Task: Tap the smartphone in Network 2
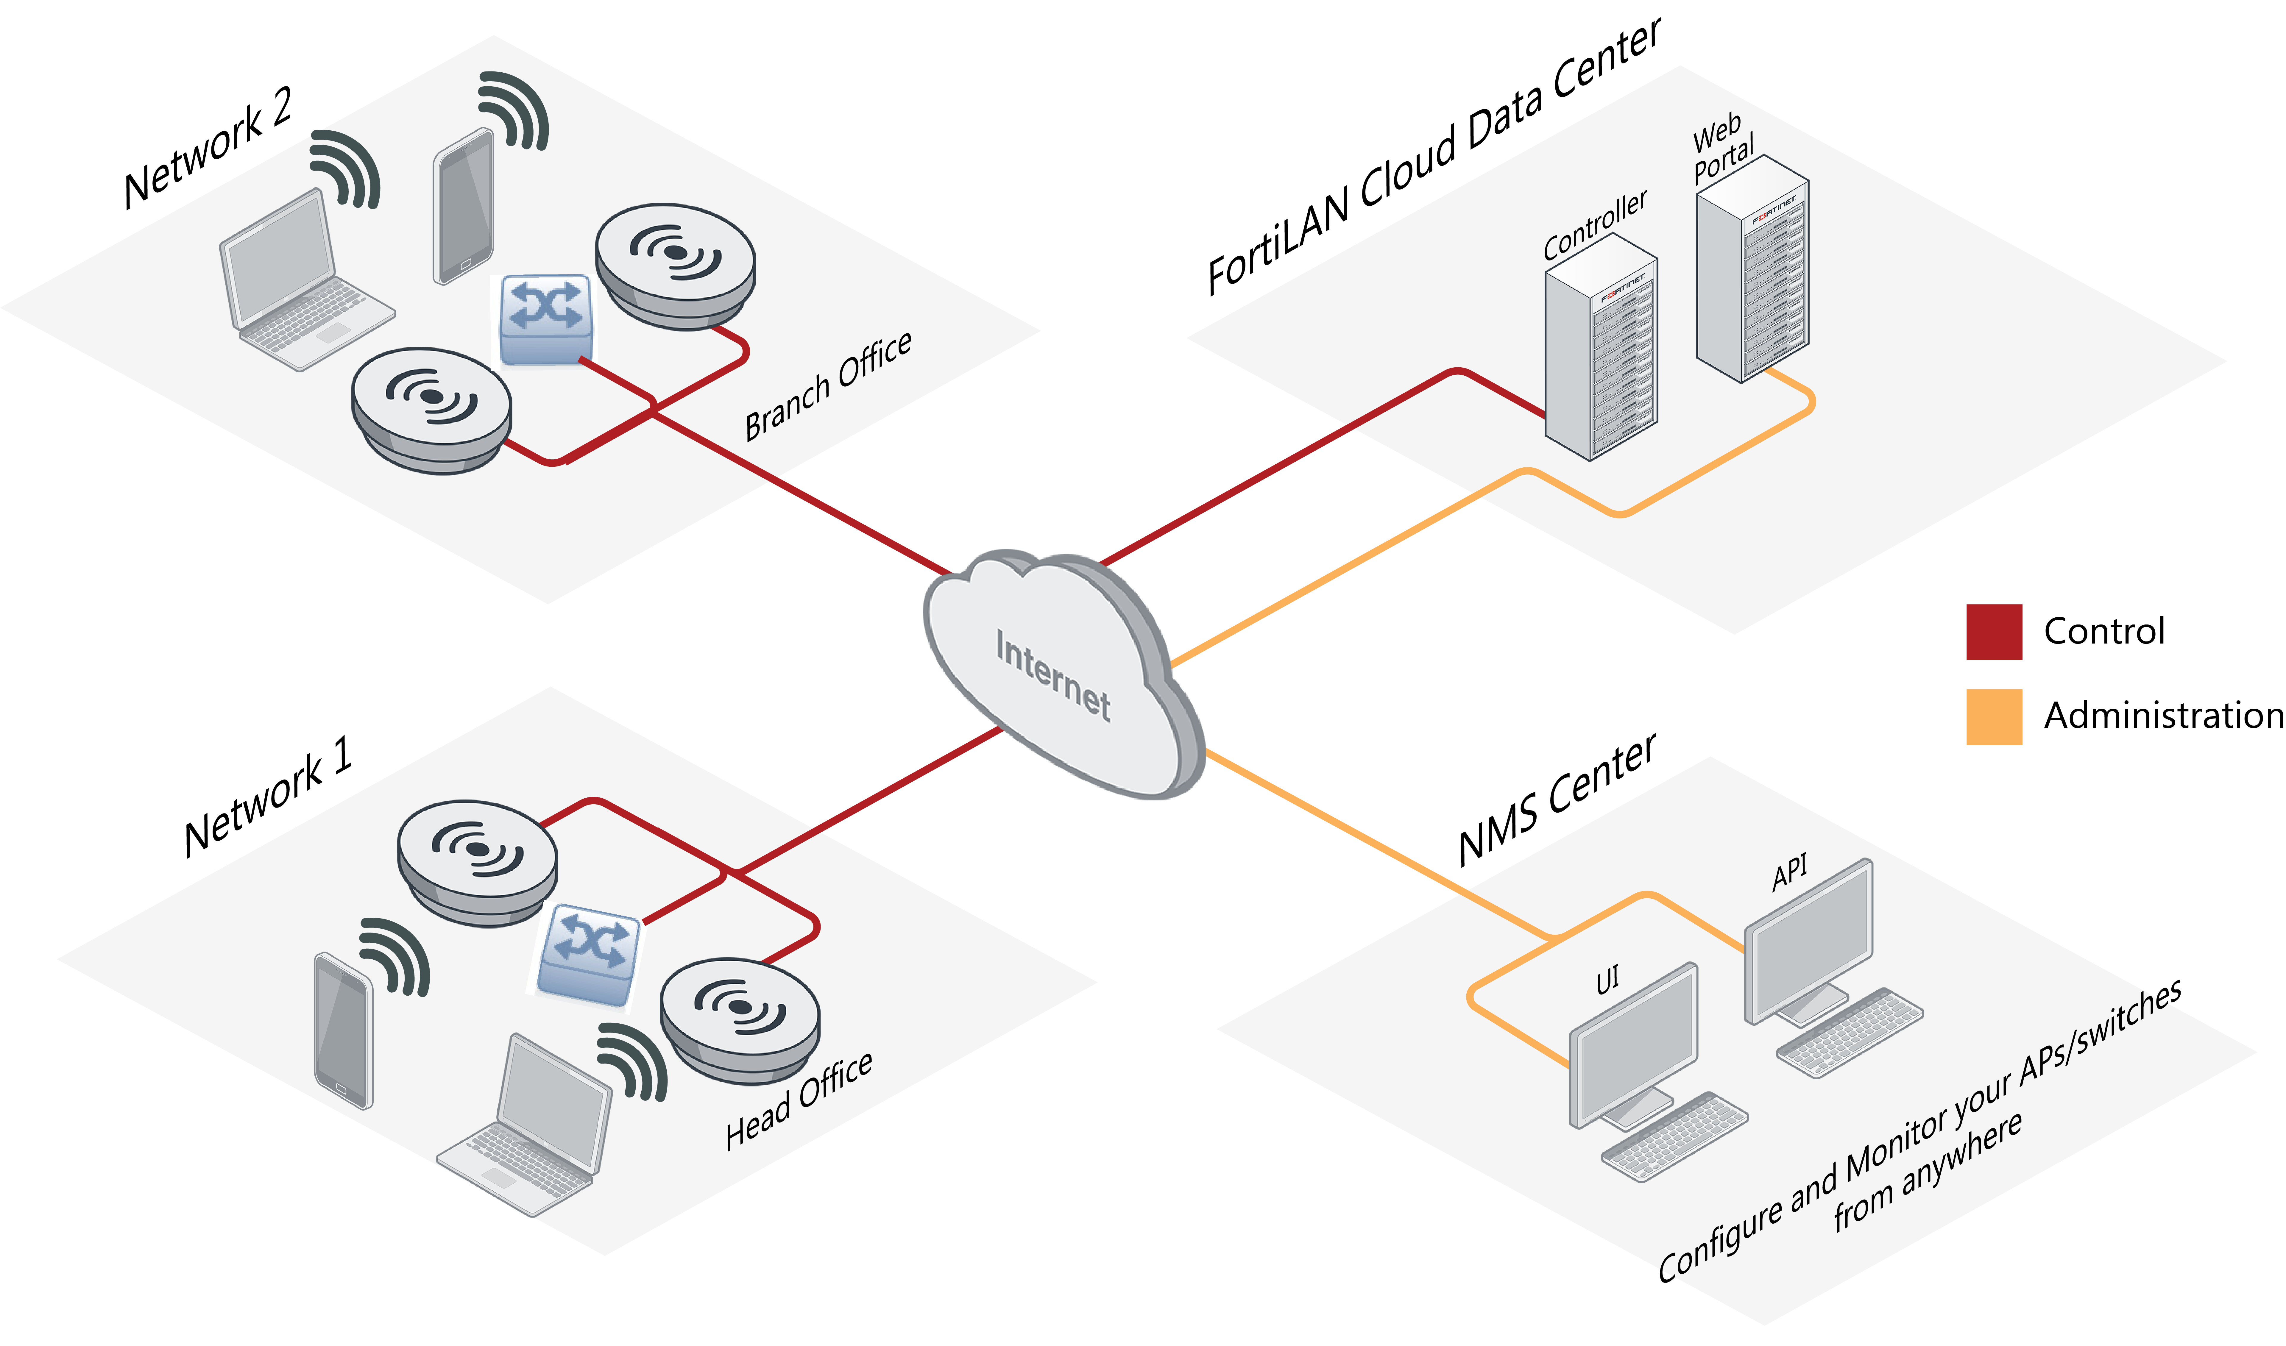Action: (464, 207)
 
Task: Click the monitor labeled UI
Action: (1633, 1043)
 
